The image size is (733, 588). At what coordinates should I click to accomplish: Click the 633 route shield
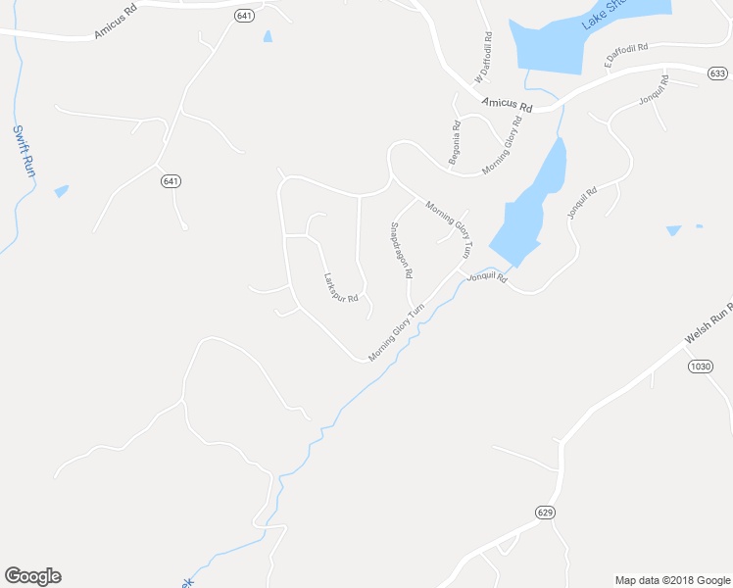click(x=718, y=73)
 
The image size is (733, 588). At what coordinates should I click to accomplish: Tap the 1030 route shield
click(x=699, y=367)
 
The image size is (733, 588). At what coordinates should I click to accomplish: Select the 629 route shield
click(x=546, y=513)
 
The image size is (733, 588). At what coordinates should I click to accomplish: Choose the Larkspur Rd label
click(x=340, y=286)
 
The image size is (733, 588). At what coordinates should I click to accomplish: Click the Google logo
click(x=32, y=576)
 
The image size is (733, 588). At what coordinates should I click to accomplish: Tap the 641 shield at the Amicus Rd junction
click(x=244, y=16)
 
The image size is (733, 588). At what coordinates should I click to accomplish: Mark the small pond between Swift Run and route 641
click(x=62, y=191)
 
